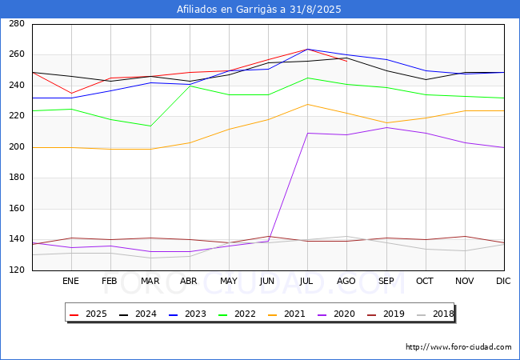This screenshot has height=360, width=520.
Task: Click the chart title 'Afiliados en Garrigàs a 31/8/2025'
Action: [x=260, y=10]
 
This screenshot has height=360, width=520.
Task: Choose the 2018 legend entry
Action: [x=437, y=314]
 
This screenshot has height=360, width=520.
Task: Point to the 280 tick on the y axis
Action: [x=16, y=24]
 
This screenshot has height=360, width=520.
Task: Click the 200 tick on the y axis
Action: [x=16, y=147]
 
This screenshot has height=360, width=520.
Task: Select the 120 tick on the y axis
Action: [x=16, y=270]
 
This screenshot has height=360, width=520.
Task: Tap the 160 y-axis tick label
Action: [x=16, y=209]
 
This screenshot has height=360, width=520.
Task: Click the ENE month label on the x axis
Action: [x=71, y=281]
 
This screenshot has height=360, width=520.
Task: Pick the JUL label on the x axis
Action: [x=307, y=281]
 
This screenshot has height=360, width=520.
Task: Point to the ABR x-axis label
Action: [x=189, y=281]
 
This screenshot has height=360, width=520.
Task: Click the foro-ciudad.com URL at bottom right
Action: [x=458, y=347]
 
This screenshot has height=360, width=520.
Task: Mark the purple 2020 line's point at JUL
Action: [x=307, y=133]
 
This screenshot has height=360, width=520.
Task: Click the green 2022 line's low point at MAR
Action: [x=150, y=126]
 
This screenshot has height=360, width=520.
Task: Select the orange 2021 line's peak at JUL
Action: [x=307, y=104]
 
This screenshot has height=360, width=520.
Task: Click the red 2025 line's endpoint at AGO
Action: [x=346, y=61]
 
